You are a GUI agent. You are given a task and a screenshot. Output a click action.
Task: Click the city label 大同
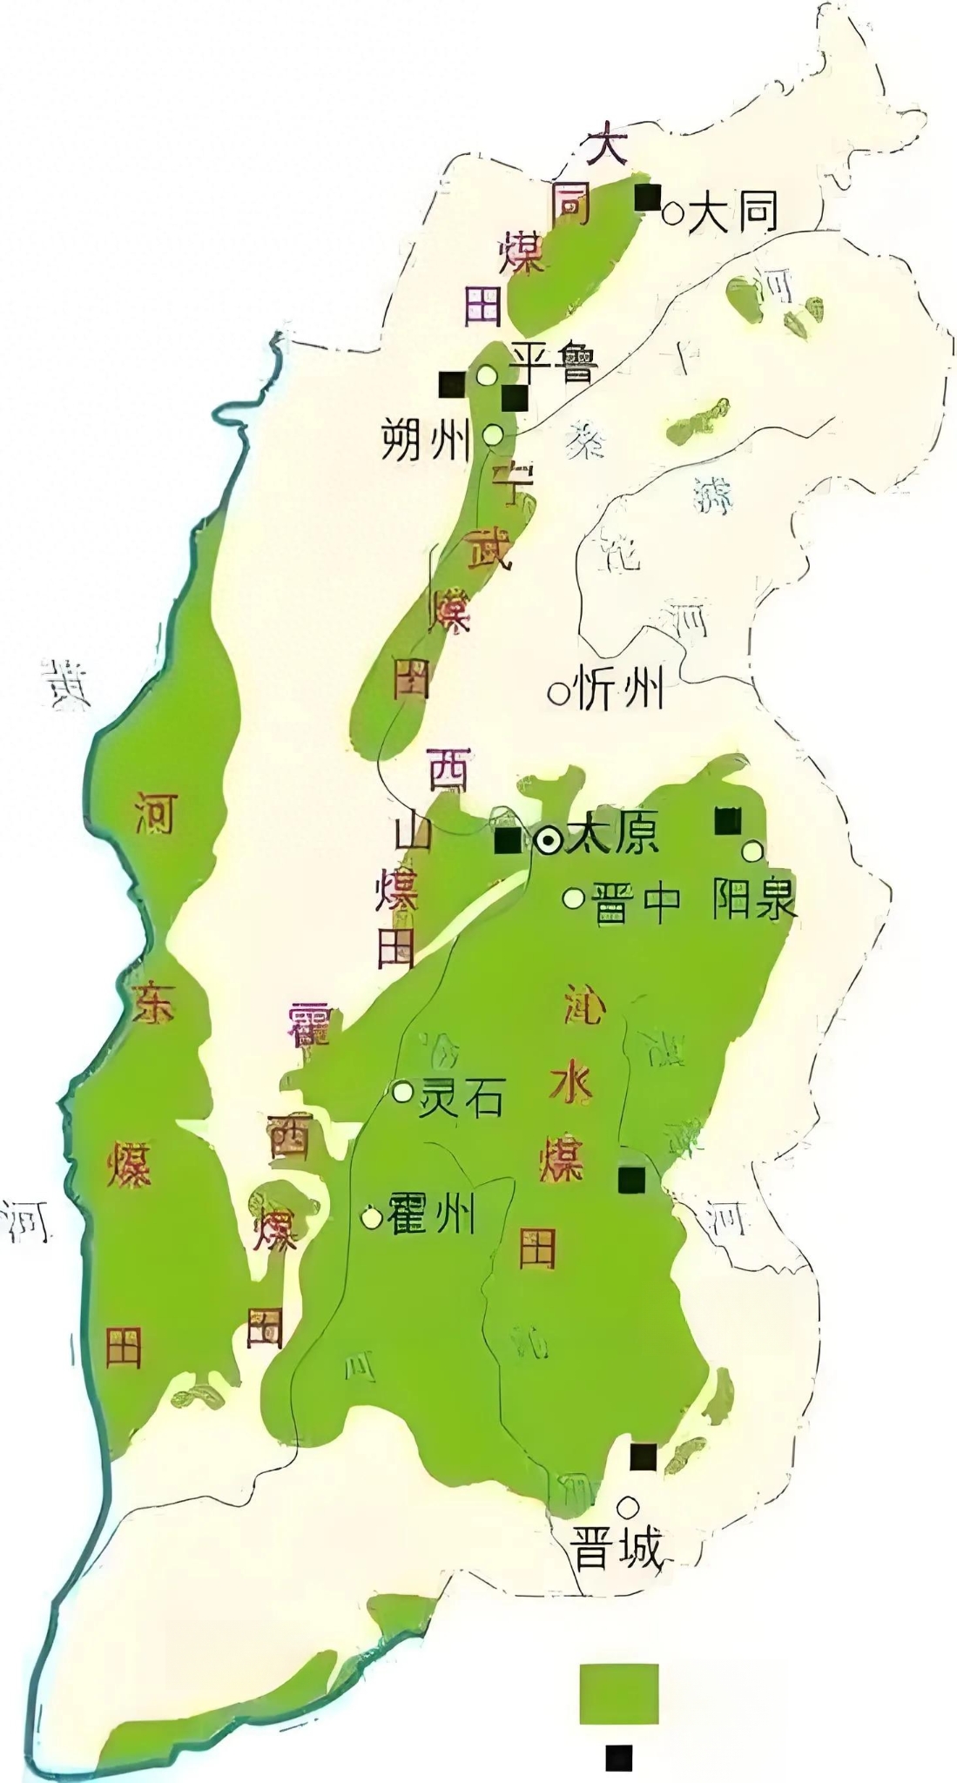click(x=731, y=212)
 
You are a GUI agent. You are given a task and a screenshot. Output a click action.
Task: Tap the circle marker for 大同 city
click(x=672, y=212)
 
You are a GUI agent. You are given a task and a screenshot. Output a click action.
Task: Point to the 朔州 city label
click(x=426, y=441)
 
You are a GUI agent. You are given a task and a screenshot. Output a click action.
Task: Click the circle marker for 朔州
click(x=493, y=434)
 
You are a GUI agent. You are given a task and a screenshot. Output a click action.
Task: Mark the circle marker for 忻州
click(x=557, y=694)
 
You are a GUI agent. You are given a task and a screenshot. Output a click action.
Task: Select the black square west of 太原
click(x=507, y=841)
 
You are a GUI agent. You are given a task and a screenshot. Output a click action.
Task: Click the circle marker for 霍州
click(x=372, y=1217)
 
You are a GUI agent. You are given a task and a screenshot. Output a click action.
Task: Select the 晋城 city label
click(x=617, y=1549)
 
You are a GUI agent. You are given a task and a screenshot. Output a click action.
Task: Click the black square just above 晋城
click(x=643, y=1457)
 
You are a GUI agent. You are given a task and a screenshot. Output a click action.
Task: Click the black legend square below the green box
click(x=619, y=1758)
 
